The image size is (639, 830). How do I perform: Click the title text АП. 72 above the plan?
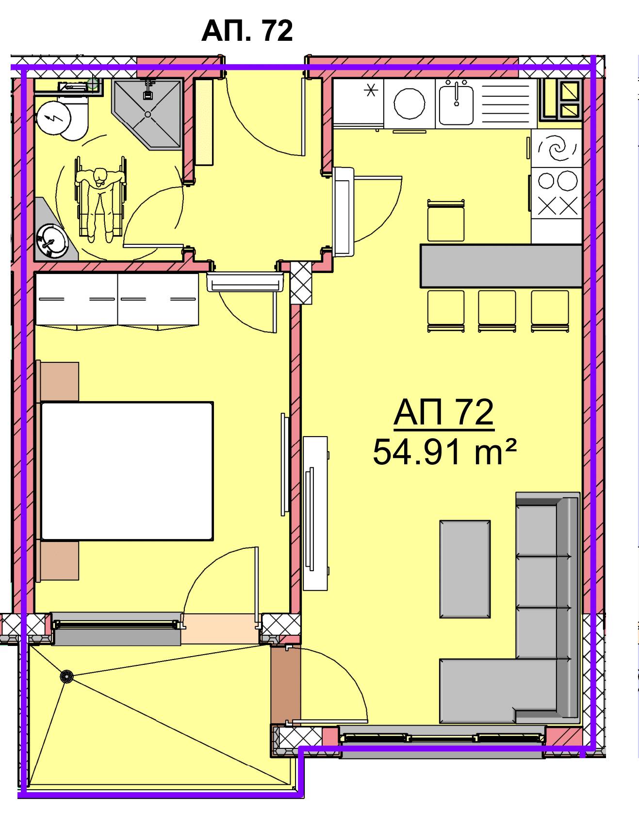[247, 31]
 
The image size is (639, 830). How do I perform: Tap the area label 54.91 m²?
[443, 452]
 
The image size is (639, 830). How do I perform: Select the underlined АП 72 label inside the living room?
[443, 413]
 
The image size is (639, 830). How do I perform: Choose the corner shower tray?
[147, 115]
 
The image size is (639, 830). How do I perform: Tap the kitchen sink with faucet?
[457, 102]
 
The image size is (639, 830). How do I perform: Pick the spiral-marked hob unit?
[557, 148]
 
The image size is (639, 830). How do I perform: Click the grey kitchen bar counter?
[501, 266]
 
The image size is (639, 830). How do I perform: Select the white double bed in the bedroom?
[127, 471]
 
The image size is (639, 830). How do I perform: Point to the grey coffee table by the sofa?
[465, 569]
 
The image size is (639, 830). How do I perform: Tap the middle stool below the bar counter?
[497, 311]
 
